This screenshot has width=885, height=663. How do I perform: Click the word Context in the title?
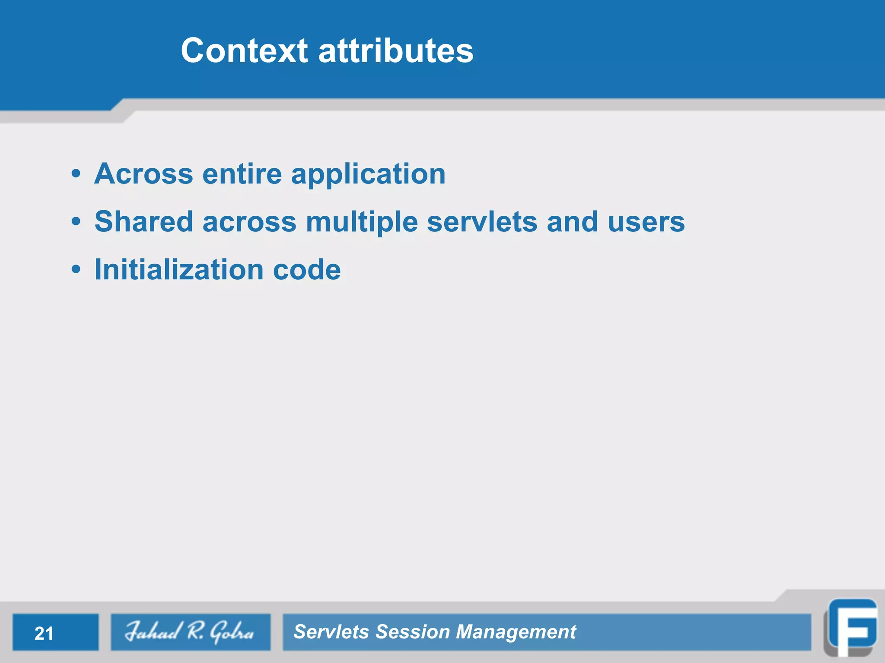tap(244, 51)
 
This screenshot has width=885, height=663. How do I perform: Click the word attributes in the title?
tap(395, 51)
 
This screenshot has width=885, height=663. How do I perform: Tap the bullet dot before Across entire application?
tap(76, 174)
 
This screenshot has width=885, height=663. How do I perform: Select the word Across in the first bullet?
tap(143, 174)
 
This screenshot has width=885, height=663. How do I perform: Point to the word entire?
tap(242, 174)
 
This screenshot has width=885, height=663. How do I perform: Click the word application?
tap(368, 175)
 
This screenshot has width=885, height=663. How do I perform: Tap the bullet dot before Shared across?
tap(76, 222)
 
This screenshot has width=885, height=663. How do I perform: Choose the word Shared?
tap(143, 222)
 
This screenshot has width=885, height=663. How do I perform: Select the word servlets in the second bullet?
tap(482, 222)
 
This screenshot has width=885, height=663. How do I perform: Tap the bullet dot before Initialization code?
tap(76, 270)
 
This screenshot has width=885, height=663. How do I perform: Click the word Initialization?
tap(179, 270)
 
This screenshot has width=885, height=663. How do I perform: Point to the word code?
tap(307, 270)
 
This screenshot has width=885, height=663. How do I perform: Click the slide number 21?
tap(44, 633)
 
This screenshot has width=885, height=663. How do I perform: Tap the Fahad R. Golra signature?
tap(190, 631)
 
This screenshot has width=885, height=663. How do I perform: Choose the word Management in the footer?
tap(516, 632)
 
